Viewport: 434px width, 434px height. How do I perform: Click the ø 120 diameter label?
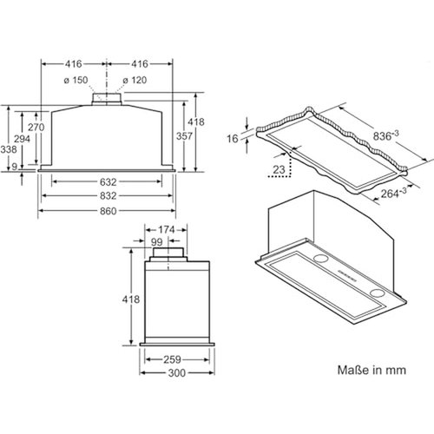[x=135, y=81]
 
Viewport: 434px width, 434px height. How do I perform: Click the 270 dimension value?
[x=34, y=126]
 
